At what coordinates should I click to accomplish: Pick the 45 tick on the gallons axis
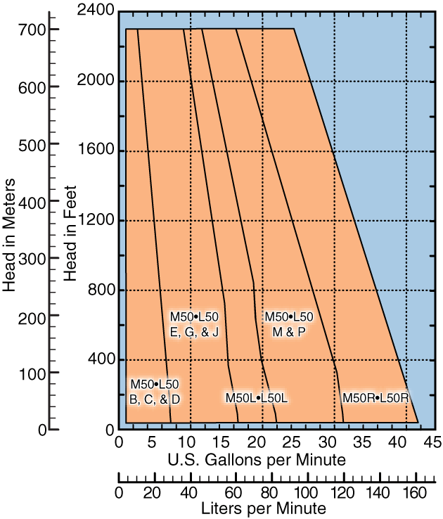(432, 443)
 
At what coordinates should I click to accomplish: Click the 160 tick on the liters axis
(416, 492)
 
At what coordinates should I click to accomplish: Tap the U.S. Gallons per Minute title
(256, 461)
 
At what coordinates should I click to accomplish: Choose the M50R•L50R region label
(375, 398)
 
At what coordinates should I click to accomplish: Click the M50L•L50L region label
(257, 398)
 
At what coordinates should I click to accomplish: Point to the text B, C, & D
(155, 399)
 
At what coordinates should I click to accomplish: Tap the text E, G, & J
(194, 332)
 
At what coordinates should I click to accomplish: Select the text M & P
(288, 332)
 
